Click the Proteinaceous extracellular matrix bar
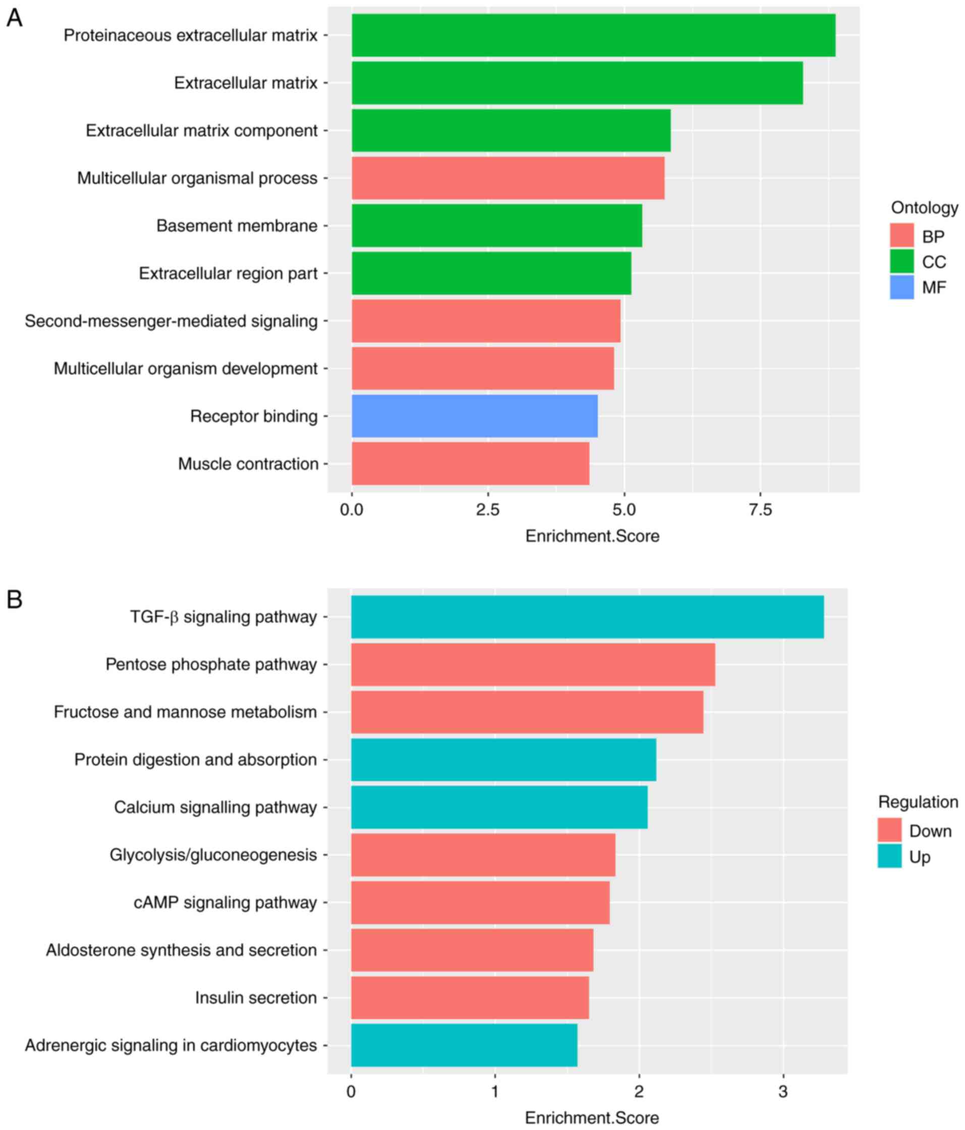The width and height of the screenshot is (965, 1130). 593,35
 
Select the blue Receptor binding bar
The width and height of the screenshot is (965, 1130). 474,416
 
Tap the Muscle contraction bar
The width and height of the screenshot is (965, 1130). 470,463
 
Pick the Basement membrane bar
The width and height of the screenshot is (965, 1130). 496,226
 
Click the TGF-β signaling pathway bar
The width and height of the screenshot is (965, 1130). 587,617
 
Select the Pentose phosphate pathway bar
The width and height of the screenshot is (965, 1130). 532,664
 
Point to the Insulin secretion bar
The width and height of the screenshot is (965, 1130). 470,997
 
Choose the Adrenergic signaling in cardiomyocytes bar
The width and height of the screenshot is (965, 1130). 464,1045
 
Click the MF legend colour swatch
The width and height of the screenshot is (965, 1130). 901,287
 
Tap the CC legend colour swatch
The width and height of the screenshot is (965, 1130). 901,262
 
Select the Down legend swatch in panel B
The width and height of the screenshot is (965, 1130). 889,830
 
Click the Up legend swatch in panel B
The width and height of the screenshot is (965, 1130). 889,856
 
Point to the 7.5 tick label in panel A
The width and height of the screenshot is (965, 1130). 760,510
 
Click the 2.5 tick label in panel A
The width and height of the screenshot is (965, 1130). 488,510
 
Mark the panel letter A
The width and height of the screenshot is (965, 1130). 14,18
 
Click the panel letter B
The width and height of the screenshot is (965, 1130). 14,600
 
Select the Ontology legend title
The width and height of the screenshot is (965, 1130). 924,208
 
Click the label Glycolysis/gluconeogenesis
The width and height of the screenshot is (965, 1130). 213,855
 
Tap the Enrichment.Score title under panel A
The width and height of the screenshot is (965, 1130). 592,537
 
